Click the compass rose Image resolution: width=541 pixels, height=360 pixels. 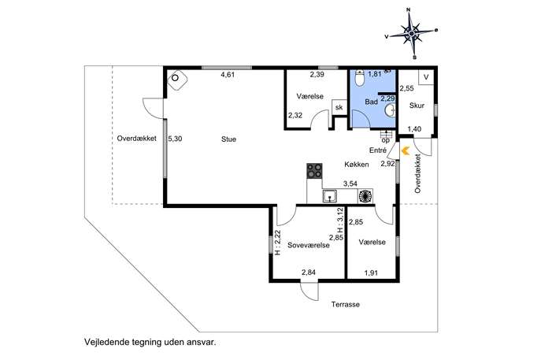[411, 33]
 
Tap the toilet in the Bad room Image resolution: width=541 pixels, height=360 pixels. [360, 78]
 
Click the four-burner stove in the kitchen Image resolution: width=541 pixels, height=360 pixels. [314, 171]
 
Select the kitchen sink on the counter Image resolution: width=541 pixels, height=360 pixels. [330, 196]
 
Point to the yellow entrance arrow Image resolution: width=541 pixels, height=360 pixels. [405, 150]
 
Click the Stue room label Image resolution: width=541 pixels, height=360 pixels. [228, 139]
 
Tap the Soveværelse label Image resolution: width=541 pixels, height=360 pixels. [309, 245]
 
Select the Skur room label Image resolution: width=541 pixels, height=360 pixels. [417, 106]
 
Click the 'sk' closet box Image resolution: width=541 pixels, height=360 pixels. [339, 107]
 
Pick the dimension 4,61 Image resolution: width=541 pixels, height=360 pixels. [228, 75]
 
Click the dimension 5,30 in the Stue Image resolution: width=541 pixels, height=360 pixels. [175, 139]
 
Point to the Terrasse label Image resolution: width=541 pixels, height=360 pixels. [346, 304]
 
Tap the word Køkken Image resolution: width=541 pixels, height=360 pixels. [357, 165]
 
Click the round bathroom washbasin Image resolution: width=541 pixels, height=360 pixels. [391, 110]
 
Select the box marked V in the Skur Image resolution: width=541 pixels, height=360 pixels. [426, 77]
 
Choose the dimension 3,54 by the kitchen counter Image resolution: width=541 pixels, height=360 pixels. [350, 184]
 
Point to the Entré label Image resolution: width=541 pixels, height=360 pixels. [377, 150]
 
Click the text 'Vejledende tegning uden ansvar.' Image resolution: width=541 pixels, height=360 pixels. [150, 343]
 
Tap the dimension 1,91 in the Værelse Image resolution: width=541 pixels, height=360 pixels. [371, 273]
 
